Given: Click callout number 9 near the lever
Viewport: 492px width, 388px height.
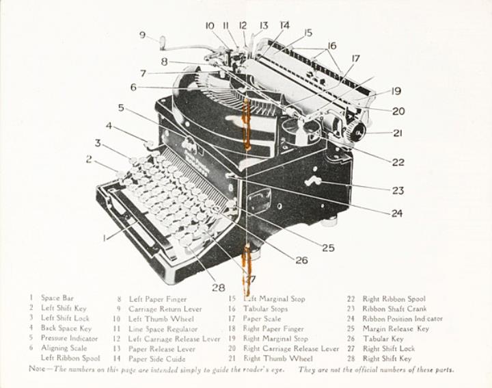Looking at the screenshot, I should coord(142,35).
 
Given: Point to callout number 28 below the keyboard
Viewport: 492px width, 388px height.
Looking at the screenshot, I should coord(218,287).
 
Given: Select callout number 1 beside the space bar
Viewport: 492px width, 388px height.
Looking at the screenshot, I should coord(105,238).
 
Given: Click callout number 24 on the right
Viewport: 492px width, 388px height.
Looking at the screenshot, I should coord(396,213).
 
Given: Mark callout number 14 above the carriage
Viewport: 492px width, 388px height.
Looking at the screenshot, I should coord(284,25).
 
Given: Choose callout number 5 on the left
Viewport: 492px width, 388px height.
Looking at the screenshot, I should coord(121,107).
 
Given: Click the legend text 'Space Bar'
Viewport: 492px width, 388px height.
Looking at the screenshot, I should coord(57,298).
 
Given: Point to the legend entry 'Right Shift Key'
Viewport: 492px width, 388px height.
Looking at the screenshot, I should coord(387,359).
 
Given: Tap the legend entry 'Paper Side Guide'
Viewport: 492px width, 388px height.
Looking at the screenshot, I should coord(156,359).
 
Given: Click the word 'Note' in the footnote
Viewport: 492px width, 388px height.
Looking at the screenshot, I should coord(36,370).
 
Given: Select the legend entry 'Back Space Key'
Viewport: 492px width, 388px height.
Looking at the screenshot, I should coord(66,328).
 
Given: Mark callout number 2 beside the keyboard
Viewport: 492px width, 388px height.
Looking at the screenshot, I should coord(89,159).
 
